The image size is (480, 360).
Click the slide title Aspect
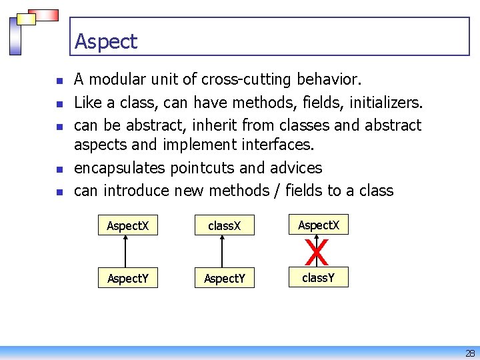(106, 41)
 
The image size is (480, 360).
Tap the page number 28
(469, 353)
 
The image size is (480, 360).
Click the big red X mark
(317, 253)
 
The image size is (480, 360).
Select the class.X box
(221, 226)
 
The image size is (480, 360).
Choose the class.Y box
(317, 277)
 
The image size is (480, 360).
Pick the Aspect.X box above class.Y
(319, 225)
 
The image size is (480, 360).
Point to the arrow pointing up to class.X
(222, 251)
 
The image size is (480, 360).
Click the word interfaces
(275, 144)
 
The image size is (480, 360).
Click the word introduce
(137, 191)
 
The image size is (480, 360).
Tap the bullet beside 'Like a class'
(59, 104)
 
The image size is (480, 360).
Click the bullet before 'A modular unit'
(59, 81)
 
